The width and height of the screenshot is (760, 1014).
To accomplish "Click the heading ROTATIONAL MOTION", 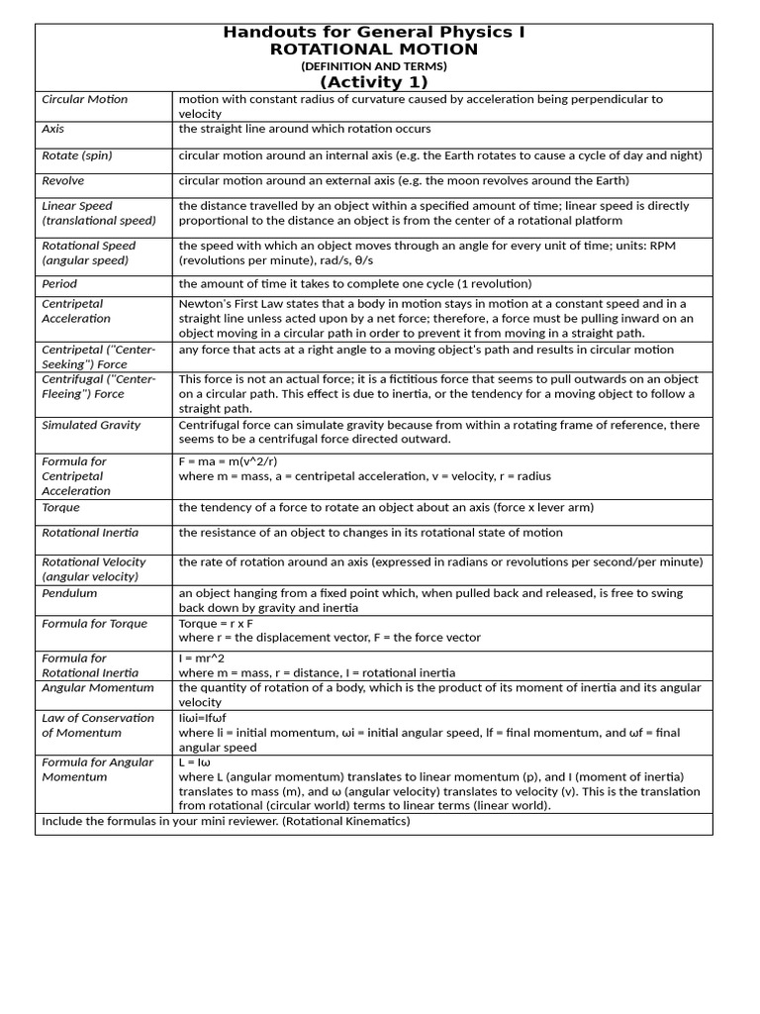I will pyautogui.click(x=374, y=50).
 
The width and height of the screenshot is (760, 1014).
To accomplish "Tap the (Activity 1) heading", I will pyautogui.click(x=374, y=82).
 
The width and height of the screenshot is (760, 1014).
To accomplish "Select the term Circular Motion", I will pyautogui.click(x=85, y=99).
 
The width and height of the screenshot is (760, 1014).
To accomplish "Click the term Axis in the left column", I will pyautogui.click(x=52, y=129).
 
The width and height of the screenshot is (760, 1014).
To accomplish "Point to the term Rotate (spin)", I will pyautogui.click(x=77, y=155).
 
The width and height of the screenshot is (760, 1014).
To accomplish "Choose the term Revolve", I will pyautogui.click(x=63, y=181).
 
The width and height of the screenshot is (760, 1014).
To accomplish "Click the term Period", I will pyautogui.click(x=59, y=283).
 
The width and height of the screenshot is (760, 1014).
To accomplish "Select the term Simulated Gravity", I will pyautogui.click(x=91, y=425).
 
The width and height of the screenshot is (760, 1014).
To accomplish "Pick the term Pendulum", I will pyautogui.click(x=69, y=593).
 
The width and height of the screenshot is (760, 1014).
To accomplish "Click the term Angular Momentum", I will pyautogui.click(x=98, y=687).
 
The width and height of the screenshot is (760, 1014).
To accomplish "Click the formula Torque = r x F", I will pyautogui.click(x=216, y=624).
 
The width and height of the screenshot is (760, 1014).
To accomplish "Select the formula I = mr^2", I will pyautogui.click(x=202, y=659).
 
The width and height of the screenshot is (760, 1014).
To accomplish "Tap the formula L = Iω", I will pyautogui.click(x=196, y=762).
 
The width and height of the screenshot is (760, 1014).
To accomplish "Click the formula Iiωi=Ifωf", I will pyautogui.click(x=203, y=718).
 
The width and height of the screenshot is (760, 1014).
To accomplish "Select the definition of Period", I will pyautogui.click(x=354, y=283).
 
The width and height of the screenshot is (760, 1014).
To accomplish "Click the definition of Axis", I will pyautogui.click(x=304, y=129).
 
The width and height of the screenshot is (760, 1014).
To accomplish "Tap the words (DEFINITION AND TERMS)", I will pyautogui.click(x=374, y=66).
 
